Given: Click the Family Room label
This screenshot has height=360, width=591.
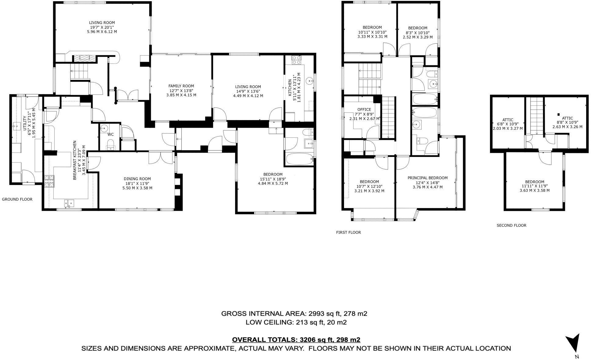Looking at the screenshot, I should (181, 86).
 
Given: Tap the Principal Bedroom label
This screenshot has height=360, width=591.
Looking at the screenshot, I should (427, 178).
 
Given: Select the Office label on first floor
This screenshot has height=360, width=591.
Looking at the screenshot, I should (364, 109).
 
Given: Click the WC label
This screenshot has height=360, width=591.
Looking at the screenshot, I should (110, 134).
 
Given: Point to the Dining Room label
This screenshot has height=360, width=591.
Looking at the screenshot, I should (137, 179).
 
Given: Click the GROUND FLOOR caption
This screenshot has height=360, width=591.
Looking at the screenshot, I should (17, 199).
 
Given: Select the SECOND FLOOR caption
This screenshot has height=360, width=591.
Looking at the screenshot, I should (511, 225).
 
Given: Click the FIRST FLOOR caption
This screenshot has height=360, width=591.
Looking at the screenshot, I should (348, 232).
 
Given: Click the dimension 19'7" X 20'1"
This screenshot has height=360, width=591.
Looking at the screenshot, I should (102, 27).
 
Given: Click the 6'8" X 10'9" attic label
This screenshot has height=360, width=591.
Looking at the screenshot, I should (508, 124).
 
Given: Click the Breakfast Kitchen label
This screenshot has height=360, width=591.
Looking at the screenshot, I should (74, 160).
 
